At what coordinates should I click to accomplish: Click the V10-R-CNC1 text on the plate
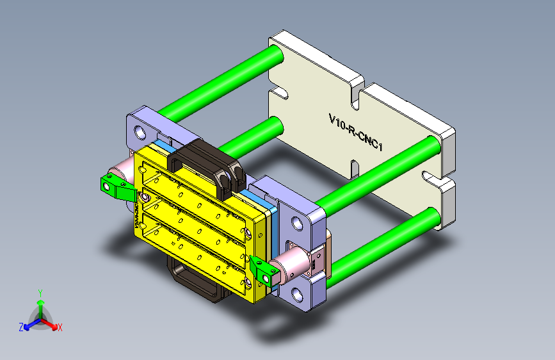click(355, 133)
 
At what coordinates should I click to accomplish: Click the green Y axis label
click(40, 293)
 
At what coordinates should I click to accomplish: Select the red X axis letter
click(60, 327)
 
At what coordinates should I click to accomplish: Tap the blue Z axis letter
click(21, 327)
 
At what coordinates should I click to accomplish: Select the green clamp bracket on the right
click(262, 269)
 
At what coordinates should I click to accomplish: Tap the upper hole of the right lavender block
click(297, 224)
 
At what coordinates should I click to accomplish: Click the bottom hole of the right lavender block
click(297, 294)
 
